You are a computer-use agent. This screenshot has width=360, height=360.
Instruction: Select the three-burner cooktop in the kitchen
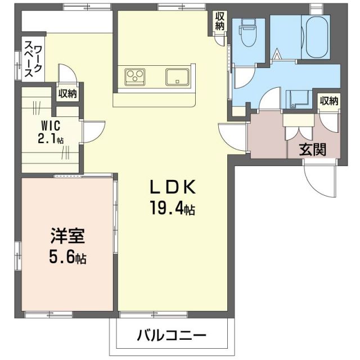135,76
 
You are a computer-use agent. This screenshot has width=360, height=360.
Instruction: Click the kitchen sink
178,76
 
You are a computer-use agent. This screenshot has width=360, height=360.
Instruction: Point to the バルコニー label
171,336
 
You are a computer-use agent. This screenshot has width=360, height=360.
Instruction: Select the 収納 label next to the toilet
219,21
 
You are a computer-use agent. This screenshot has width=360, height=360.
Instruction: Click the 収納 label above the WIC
67,94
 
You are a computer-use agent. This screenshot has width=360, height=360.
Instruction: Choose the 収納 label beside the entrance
329,101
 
